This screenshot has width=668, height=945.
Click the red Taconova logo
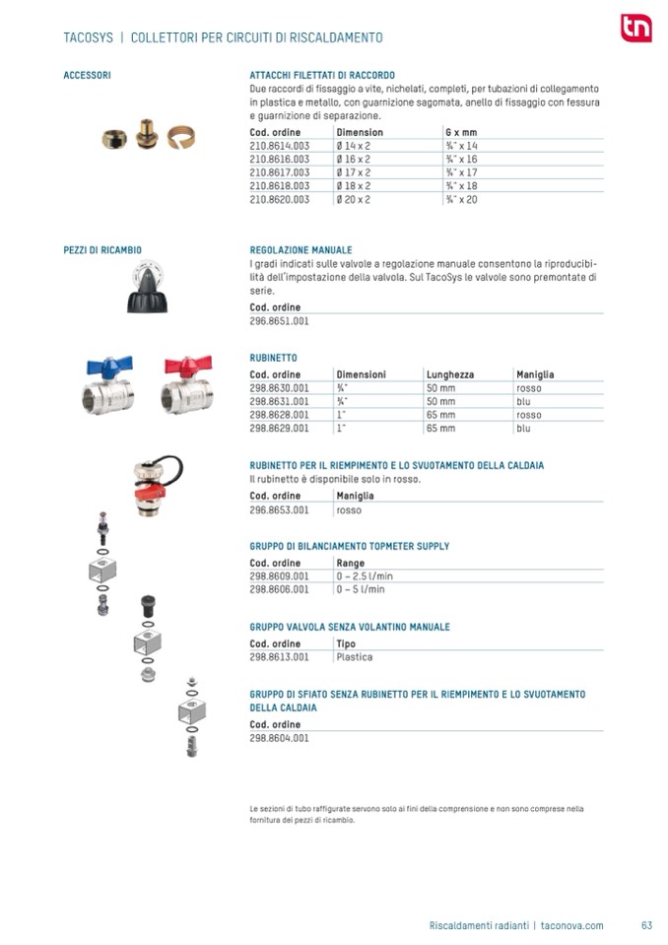coord(635,30)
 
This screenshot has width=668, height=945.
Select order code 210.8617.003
coord(280,171)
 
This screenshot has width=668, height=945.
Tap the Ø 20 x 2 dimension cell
coord(354,199)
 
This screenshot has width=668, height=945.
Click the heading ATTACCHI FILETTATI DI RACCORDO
coord(322,75)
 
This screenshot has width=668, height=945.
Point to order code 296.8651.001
coord(280,321)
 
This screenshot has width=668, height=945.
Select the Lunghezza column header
coord(449,374)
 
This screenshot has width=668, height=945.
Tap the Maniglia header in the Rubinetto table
coord(535,374)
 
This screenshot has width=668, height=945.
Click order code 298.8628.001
coord(280,415)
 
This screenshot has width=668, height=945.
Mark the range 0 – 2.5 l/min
coord(365,576)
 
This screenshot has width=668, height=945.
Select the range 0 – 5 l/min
coord(361,589)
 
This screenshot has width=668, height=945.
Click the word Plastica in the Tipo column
coord(355,657)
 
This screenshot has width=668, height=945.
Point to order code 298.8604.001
coord(280,737)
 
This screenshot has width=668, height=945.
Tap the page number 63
coord(646,925)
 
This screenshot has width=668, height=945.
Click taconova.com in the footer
coord(572,925)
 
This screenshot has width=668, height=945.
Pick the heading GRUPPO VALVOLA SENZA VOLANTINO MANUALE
coord(350,627)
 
